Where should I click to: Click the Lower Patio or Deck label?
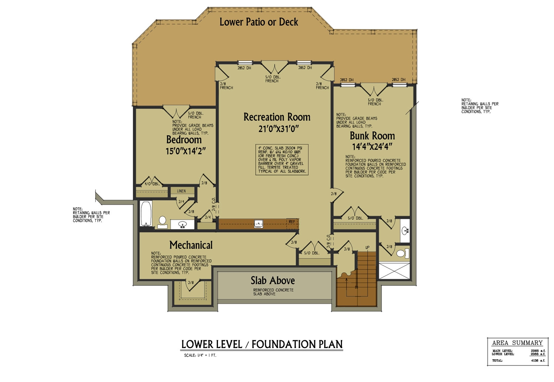[259, 22]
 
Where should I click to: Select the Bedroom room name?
[184, 140]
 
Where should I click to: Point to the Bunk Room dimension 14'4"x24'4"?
[372, 147]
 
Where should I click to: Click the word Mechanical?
[191, 245]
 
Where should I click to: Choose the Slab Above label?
[273, 281]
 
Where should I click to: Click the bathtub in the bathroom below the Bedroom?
[146, 214]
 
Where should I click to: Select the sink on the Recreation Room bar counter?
[259, 223]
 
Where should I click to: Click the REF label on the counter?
[292, 222]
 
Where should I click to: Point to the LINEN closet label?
[181, 191]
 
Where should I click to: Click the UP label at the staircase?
[367, 247]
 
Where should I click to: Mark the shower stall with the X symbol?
[394, 271]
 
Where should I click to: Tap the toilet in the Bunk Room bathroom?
[401, 254]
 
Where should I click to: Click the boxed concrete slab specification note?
[282, 160]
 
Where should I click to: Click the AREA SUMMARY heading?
[517, 343]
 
